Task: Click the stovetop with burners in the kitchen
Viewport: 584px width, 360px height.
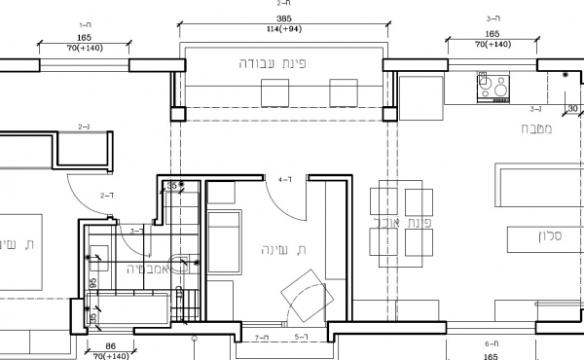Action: (x=493, y=89)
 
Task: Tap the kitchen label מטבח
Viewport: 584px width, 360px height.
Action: (x=538, y=128)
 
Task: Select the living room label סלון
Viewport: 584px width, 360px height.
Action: (x=551, y=236)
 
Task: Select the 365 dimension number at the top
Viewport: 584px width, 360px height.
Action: (x=283, y=18)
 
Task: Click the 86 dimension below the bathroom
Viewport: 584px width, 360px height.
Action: (x=110, y=346)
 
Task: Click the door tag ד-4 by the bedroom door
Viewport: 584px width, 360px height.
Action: (x=285, y=180)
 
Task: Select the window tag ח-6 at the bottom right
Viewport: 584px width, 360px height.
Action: (x=493, y=344)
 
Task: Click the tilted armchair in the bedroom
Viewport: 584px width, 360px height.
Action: (x=304, y=294)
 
